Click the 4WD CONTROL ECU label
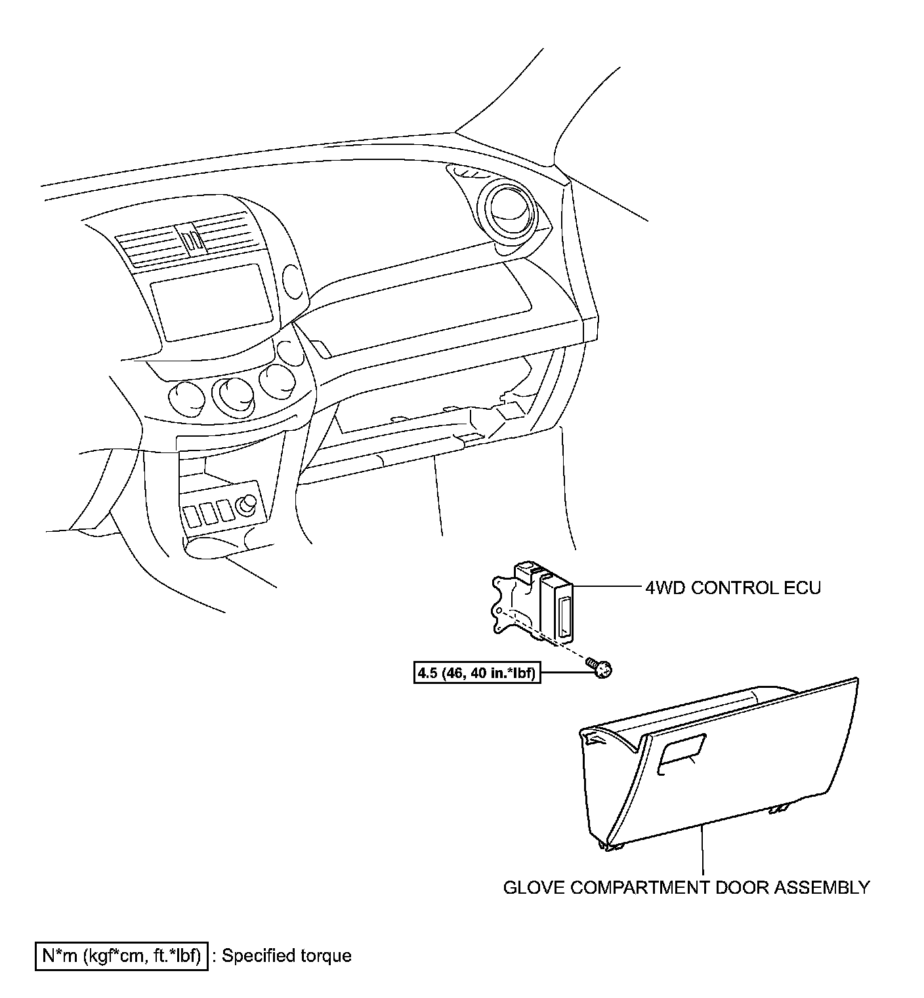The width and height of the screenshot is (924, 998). coord(733,588)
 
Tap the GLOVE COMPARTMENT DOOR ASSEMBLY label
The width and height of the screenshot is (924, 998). coord(686,888)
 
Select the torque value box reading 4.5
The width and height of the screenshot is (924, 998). coord(476,673)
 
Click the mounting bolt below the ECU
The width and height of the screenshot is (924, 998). coord(600,669)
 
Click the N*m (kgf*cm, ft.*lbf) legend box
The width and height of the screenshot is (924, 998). coord(121,956)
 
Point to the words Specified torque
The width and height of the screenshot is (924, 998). coord(286,956)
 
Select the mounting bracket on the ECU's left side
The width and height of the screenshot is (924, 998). coord(507,603)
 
